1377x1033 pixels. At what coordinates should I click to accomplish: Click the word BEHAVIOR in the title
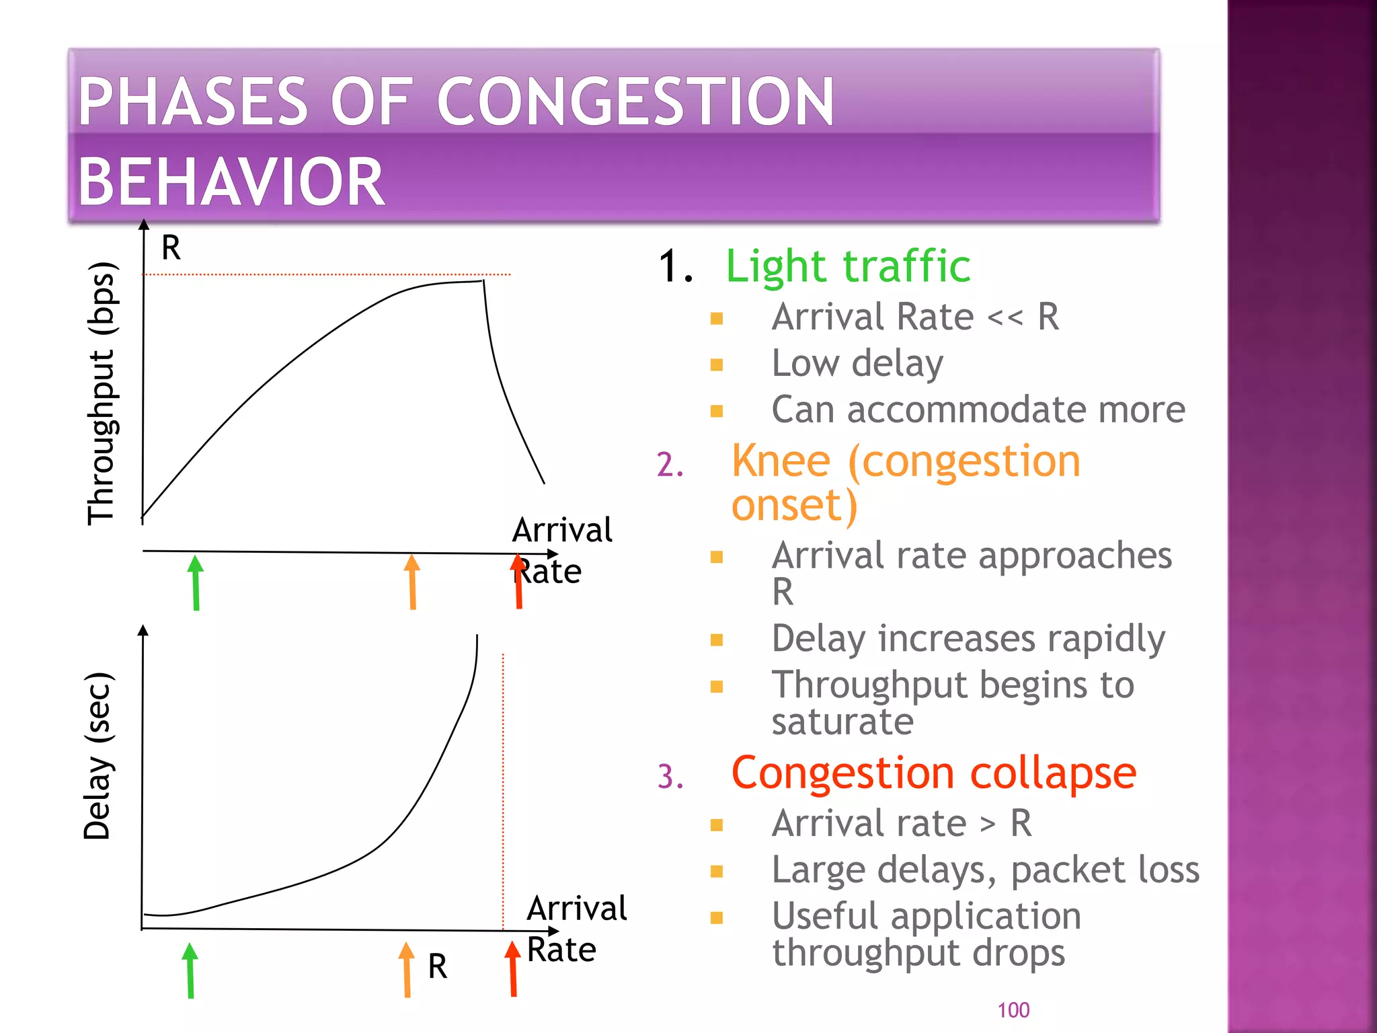pos(231,182)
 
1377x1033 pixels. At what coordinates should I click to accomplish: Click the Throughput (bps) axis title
pos(102,393)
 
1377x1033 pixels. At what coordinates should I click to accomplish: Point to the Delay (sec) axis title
pos(97,756)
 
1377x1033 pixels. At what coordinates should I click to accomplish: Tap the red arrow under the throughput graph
pos(518,582)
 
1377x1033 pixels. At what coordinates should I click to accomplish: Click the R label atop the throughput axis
pos(171,247)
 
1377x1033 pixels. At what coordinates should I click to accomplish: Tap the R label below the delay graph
pos(437,966)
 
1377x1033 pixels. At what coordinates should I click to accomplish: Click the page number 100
pos(1013,1010)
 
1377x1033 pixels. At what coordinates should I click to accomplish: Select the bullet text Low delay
pos(857,363)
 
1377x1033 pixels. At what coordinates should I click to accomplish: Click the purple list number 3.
pos(670,776)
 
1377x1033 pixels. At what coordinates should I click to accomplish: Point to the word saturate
pos(842,722)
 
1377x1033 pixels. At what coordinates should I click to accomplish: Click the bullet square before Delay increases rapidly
pos(716,640)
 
